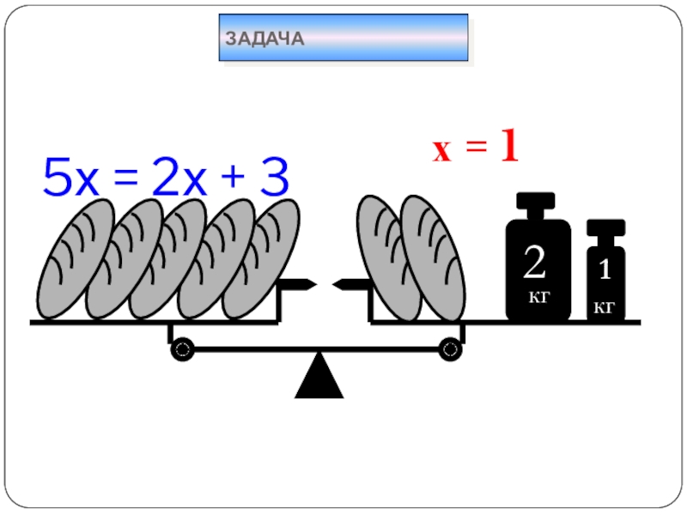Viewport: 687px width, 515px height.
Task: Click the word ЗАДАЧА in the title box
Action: pyautogui.click(x=265, y=39)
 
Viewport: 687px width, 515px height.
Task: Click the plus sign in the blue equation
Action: pyautogui.click(x=230, y=181)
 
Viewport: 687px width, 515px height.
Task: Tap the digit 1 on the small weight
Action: pyautogui.click(x=605, y=271)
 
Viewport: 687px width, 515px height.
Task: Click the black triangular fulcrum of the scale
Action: pyautogui.click(x=319, y=379)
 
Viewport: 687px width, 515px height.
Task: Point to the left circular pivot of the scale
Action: pyautogui.click(x=182, y=349)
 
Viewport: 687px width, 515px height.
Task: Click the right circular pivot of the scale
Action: pyautogui.click(x=450, y=349)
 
